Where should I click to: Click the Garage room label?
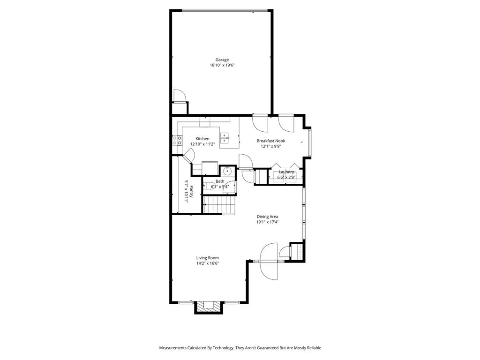tap(222, 60)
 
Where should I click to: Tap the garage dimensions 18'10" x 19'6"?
tap(222, 66)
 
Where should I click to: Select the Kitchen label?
tap(202, 139)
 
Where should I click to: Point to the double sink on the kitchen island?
tap(225, 138)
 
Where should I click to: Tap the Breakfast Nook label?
tap(270, 141)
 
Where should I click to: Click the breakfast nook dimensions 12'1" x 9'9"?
tap(270, 146)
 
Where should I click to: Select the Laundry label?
tap(286, 172)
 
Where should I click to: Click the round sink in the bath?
tap(228, 172)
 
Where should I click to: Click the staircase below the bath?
tap(218, 204)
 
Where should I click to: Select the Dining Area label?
tap(267, 217)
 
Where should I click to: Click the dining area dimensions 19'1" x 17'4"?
tap(267, 222)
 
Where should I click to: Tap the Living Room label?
tap(207, 258)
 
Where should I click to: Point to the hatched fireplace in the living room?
tap(207, 307)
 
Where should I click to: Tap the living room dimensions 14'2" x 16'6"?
tap(207, 263)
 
